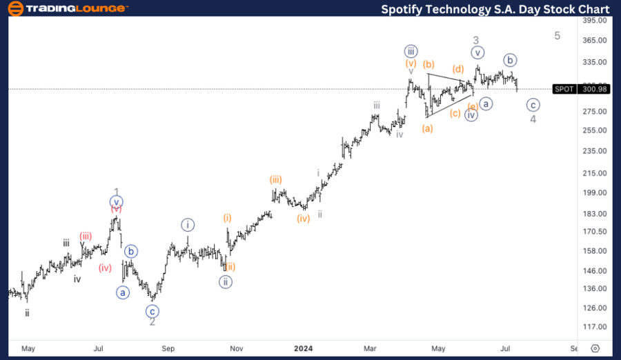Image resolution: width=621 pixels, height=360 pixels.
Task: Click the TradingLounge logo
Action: click(66, 8)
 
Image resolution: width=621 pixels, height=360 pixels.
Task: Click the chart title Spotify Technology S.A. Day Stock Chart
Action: click(495, 9)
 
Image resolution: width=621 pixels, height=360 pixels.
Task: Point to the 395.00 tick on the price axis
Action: click(594, 21)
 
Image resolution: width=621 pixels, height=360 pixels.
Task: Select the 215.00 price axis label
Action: click(594, 173)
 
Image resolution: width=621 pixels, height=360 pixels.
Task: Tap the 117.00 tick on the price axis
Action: click(594, 327)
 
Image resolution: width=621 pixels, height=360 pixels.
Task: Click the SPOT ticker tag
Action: click(564, 89)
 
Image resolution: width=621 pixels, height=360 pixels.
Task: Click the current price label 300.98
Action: click(594, 89)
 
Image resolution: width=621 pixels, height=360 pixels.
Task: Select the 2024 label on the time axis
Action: click(304, 348)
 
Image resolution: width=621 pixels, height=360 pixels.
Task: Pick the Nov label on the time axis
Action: click(236, 348)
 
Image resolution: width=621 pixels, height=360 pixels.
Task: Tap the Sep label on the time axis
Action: click(169, 348)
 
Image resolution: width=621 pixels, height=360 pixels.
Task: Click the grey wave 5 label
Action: click(558, 36)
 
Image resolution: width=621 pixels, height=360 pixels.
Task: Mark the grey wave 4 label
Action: click(533, 119)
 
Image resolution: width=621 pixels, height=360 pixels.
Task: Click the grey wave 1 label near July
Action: click(117, 192)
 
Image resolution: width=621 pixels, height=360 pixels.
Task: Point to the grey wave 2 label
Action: click(152, 321)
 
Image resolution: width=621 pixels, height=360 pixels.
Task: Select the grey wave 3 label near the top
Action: click(475, 41)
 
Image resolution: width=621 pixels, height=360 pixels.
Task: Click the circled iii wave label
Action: click(411, 51)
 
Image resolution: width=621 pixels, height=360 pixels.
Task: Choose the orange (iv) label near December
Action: click(304, 219)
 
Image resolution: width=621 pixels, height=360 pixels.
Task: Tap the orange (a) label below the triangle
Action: click(428, 128)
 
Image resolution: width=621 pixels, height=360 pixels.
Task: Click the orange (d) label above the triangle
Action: click(457, 69)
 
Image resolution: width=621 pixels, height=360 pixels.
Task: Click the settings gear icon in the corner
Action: click(595, 348)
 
